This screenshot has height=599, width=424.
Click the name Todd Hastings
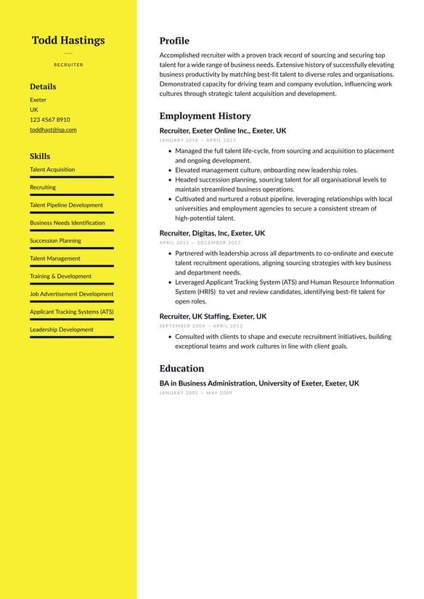pyautogui.click(x=68, y=41)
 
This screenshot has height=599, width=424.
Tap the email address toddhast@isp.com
pyautogui.click(x=53, y=130)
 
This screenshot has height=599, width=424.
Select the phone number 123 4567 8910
pyautogui.click(x=50, y=120)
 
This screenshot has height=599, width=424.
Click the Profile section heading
pyautogui.click(x=174, y=41)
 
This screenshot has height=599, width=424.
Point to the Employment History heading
pyautogui.click(x=205, y=116)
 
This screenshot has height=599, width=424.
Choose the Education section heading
pyautogui.click(x=182, y=368)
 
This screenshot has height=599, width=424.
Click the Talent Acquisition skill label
pyautogui.click(x=52, y=170)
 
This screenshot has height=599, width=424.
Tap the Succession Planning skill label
pyautogui.click(x=55, y=241)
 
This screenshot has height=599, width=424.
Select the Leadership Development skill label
pyautogui.click(x=62, y=330)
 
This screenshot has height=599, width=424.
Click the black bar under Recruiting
pyautogui.click(x=72, y=195)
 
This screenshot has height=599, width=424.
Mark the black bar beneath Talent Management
pyautogui.click(x=72, y=266)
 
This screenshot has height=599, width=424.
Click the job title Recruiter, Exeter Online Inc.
pyautogui.click(x=223, y=131)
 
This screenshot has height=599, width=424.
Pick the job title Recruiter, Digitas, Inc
pyautogui.click(x=212, y=234)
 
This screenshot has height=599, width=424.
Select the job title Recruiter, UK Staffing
pyautogui.click(x=213, y=317)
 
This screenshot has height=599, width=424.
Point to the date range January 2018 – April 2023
pyautogui.click(x=197, y=140)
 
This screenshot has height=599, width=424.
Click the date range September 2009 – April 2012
pyautogui.click(x=201, y=326)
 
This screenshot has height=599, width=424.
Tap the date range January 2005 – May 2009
pyautogui.click(x=196, y=393)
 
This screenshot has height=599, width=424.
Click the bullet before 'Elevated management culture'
pyautogui.click(x=170, y=171)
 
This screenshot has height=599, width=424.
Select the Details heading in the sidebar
pyautogui.click(x=43, y=86)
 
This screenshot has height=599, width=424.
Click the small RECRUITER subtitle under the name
pyautogui.click(x=68, y=65)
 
